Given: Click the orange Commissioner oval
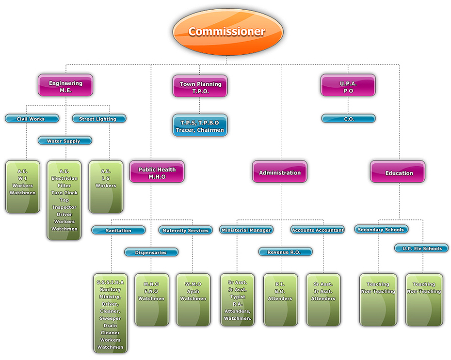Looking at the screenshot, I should [226, 31].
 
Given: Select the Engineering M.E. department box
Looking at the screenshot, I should [65, 86].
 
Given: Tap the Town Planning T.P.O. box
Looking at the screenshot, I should [200, 87].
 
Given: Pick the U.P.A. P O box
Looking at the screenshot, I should [348, 86].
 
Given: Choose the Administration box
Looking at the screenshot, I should [279, 172].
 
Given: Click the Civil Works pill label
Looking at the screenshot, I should [32, 119].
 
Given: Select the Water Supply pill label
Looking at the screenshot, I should [65, 141].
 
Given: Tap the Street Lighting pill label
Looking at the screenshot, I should [98, 119].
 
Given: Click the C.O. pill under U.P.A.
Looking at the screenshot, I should [348, 119].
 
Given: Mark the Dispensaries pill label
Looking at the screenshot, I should [151, 252].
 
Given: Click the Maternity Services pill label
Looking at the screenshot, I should [185, 231].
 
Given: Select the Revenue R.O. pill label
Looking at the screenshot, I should [285, 252].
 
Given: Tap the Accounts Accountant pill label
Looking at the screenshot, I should [318, 230].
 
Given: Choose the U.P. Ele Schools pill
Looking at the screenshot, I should [421, 249].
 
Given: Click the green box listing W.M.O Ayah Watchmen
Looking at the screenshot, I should [193, 299].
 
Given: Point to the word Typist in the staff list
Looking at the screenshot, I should [237, 297].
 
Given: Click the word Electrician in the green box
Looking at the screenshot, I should [64, 178].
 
